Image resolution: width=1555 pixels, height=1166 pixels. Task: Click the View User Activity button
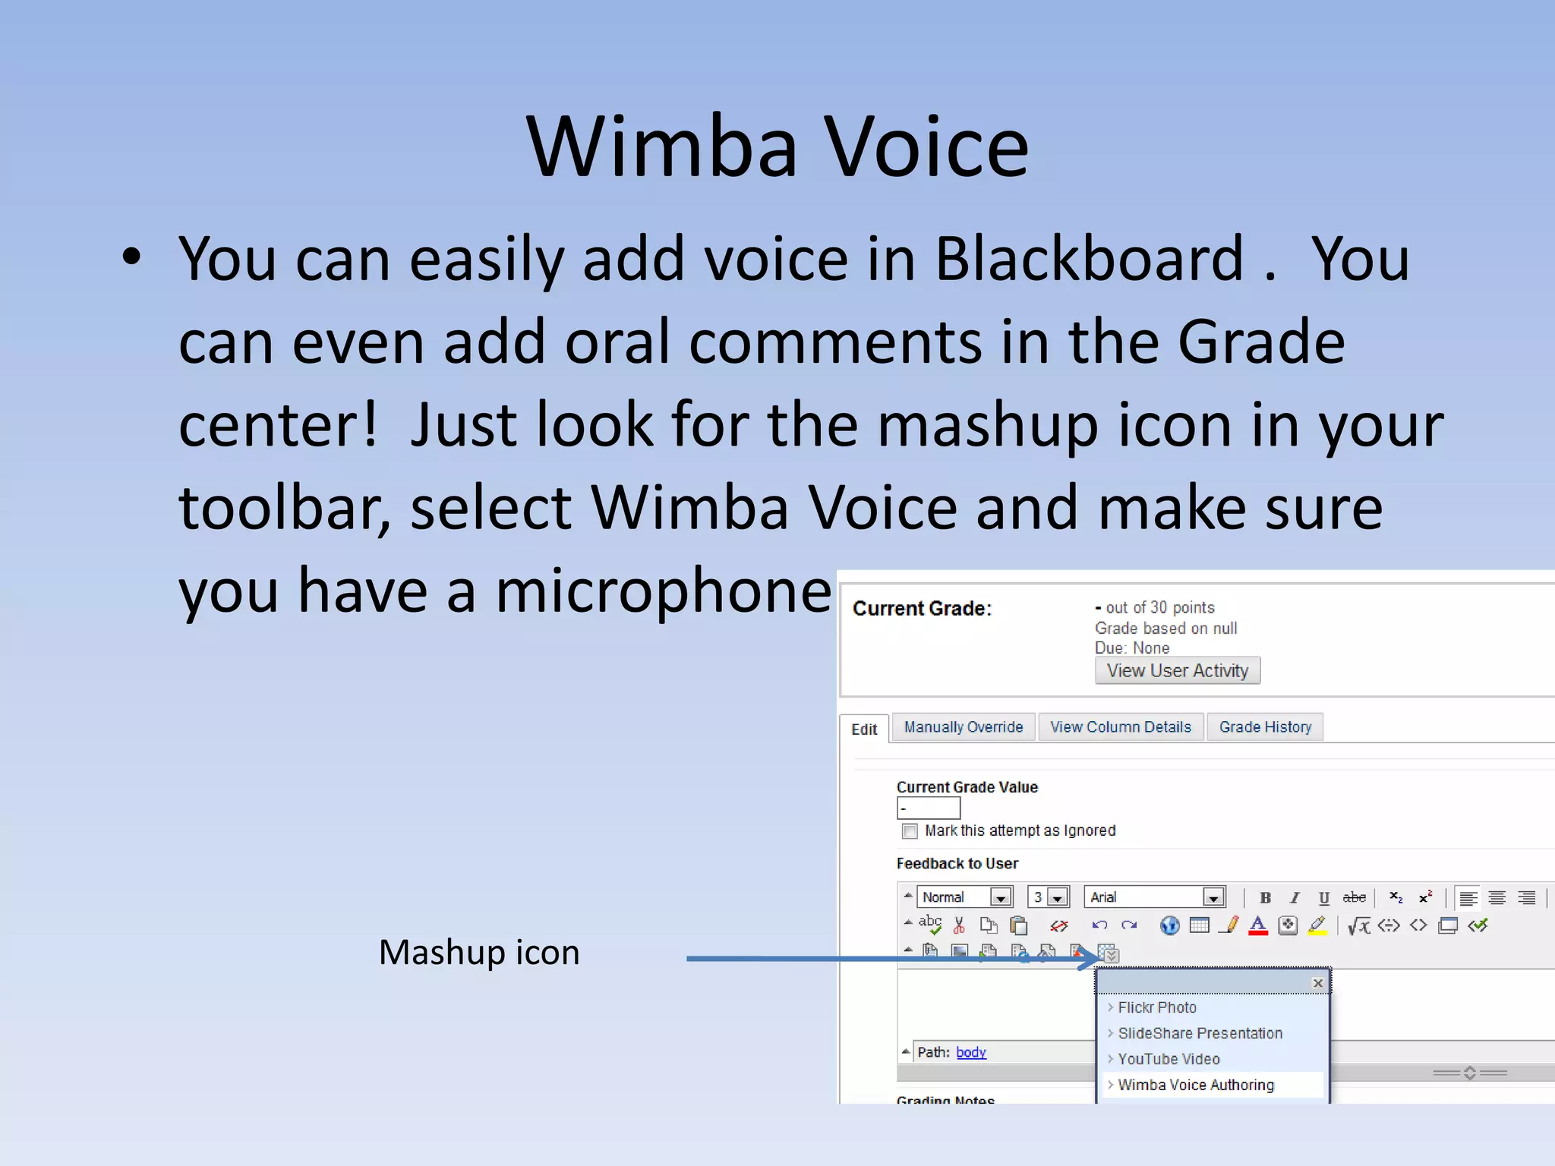(1177, 670)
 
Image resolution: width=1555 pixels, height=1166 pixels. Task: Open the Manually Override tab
(963, 727)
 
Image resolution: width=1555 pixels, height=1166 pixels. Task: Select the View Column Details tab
(1120, 727)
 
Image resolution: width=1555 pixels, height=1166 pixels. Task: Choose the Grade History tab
(1265, 727)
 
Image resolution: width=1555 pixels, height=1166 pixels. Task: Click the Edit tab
(864, 730)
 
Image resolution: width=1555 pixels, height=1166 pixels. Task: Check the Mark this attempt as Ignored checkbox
(910, 831)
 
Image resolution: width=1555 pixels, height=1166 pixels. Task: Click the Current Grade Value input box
(928, 808)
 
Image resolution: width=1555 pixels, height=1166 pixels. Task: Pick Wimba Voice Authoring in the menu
(1196, 1085)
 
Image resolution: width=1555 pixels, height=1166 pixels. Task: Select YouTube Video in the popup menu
(1169, 1059)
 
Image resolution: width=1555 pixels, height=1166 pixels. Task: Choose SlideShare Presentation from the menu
(1200, 1033)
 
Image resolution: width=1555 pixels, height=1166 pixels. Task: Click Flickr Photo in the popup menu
(1156, 1007)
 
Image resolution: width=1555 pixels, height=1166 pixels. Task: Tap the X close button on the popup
(1318, 983)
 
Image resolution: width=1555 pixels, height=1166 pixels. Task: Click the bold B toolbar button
(1265, 898)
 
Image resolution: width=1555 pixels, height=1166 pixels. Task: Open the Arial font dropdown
(1213, 897)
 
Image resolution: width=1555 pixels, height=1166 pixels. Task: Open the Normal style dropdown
(1001, 897)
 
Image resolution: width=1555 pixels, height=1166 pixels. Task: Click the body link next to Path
(970, 1052)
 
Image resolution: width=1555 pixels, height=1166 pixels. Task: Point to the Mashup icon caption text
(479, 952)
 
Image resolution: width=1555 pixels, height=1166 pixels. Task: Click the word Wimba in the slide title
(662, 147)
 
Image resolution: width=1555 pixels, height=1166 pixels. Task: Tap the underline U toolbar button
(1324, 898)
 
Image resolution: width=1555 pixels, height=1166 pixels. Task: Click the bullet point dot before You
(131, 257)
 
